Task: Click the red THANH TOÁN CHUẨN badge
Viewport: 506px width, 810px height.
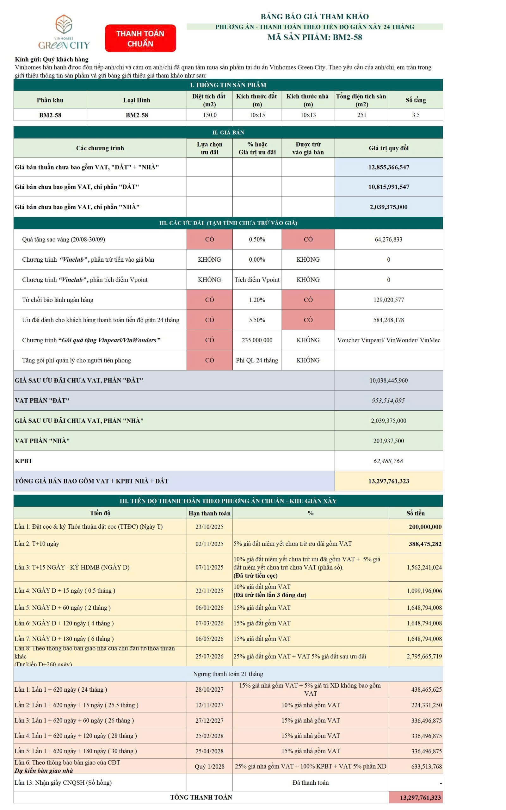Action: point(140,38)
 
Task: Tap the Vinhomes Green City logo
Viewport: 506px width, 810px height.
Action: point(64,32)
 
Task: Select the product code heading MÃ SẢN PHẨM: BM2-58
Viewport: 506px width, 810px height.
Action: point(314,37)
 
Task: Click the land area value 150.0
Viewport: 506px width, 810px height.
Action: point(209,115)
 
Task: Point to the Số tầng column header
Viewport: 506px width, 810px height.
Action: point(415,100)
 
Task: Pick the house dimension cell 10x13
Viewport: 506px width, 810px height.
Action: point(308,115)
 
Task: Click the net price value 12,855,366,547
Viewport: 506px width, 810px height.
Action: point(388,167)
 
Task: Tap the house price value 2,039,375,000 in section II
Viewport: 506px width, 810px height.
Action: point(388,207)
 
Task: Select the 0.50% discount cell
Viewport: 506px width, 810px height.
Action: point(257,239)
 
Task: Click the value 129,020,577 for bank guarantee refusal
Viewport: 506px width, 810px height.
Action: point(388,300)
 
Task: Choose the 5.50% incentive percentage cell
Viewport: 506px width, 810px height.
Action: point(257,320)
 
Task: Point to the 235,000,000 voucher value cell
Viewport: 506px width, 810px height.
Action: point(257,340)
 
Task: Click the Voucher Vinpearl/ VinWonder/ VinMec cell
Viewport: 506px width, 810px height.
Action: point(388,340)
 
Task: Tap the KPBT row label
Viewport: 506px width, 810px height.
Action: point(23,461)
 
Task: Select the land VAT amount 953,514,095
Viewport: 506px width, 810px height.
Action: point(388,401)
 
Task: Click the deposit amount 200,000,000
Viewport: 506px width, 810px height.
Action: point(425,526)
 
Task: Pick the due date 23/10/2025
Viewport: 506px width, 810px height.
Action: point(209,526)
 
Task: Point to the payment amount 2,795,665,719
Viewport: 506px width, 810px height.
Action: point(424,656)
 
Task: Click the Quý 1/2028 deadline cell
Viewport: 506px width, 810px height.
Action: point(209,766)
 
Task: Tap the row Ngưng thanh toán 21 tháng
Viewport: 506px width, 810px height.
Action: point(228,674)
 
